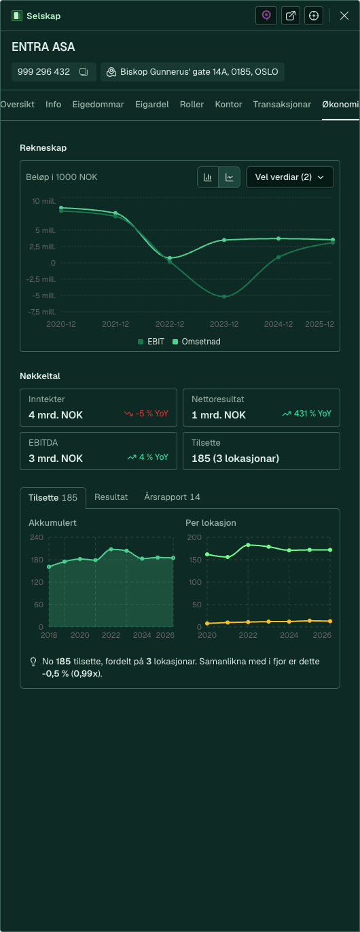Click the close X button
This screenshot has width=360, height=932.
point(344,16)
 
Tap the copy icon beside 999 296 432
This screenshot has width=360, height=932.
point(84,72)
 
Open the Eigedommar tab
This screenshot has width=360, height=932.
point(98,105)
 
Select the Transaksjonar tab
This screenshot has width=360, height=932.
point(282,105)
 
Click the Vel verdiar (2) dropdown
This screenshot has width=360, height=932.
point(289,177)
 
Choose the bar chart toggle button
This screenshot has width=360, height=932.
point(208,177)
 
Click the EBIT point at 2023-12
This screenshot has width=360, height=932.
point(224,297)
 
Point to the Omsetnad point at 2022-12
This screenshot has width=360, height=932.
point(170,258)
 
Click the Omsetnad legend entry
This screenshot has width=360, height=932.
point(196,342)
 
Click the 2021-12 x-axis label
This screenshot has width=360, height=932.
point(115,324)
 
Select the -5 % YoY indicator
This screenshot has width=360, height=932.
point(146,414)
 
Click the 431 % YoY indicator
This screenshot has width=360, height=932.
point(307,414)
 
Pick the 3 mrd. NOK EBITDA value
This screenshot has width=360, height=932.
point(56,459)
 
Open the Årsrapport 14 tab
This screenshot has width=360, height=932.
point(172,497)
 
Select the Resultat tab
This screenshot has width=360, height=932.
point(111,497)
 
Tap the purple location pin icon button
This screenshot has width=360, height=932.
point(266,16)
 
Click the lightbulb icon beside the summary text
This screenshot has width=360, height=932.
point(33,662)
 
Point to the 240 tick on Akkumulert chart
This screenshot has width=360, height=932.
point(36,537)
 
